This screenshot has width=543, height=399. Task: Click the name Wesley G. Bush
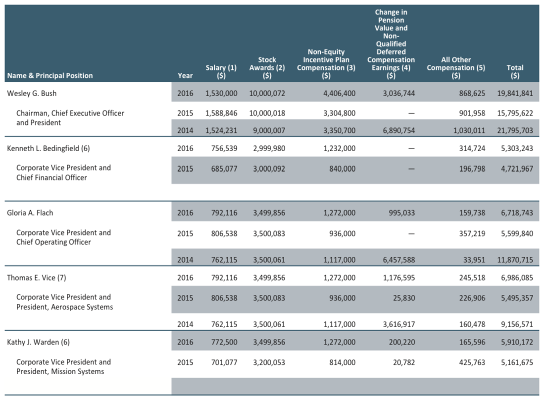coord(32,93)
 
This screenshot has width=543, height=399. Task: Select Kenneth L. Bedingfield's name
coord(48,148)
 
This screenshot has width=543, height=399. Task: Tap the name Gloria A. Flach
coord(30,213)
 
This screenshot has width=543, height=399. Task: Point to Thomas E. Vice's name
coord(36,278)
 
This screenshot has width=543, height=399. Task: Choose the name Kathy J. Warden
coord(38,342)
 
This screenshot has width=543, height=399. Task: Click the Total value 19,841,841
coord(515,93)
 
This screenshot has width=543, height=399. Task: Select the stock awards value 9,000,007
coord(267,130)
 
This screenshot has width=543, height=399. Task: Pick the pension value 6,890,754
coord(398,130)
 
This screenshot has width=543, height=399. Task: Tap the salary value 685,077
coord(224,169)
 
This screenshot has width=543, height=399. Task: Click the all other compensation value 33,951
coord(474,260)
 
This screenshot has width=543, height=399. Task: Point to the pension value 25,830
coord(404,298)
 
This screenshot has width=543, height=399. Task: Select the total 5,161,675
coord(517,363)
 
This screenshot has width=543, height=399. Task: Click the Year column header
coord(185,75)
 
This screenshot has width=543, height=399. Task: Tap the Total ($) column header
coord(515,71)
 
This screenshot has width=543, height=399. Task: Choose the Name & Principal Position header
coord(50,75)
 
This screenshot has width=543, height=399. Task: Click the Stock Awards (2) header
coord(267,67)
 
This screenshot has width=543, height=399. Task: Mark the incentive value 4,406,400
coord(340,93)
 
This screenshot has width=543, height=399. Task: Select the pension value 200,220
coord(402,342)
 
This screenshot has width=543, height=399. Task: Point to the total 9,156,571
coord(517,324)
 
